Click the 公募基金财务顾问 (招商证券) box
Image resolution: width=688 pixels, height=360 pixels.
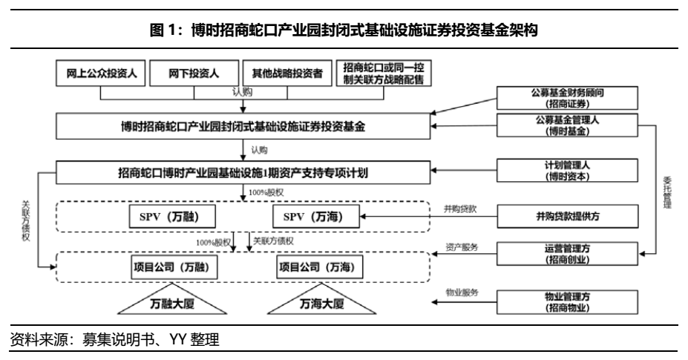(566, 99)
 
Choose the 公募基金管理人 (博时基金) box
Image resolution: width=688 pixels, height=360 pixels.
(566, 125)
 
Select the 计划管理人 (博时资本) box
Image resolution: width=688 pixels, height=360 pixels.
(566, 171)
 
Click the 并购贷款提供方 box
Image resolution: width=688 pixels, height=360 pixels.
(566, 217)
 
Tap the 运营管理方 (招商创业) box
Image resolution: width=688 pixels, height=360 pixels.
(566, 253)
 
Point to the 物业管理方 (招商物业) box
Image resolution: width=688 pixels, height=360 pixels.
(566, 301)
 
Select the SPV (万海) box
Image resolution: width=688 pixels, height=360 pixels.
(313, 217)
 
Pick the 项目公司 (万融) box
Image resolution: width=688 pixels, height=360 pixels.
(170, 265)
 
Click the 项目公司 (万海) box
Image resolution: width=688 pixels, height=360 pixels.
(315, 265)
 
